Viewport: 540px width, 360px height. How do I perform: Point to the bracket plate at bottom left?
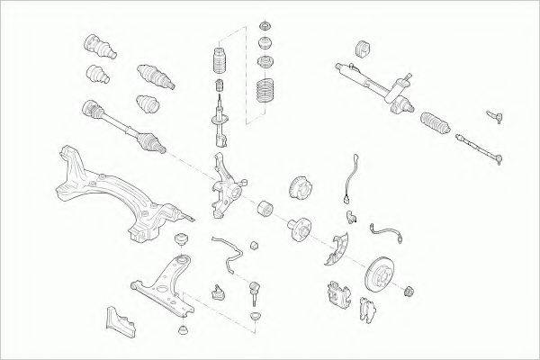click(x=119, y=319)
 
